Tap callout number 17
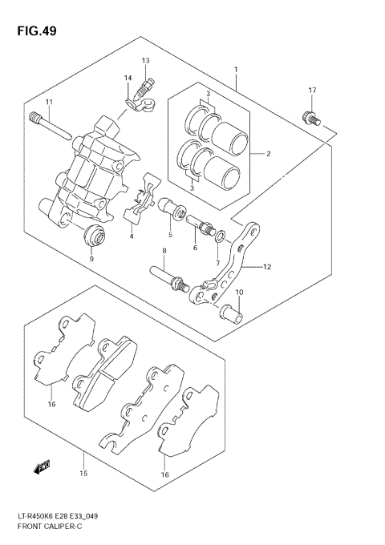pos(313,90)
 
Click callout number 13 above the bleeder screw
pos(146,61)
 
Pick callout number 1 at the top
pos(236,71)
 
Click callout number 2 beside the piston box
pos(269,153)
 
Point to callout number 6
pos(194,248)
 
